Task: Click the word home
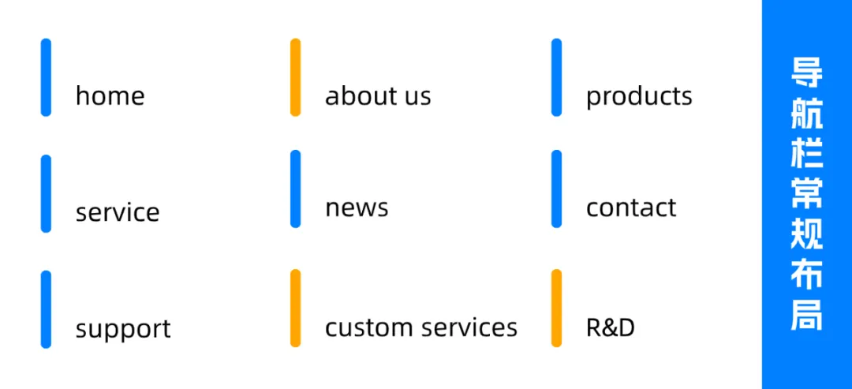(110, 96)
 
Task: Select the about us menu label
(378, 96)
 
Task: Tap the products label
(639, 96)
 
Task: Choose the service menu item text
(118, 212)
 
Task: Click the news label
(357, 208)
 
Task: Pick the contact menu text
(631, 208)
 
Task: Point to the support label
(123, 328)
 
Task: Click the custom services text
(421, 327)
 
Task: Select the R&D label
(611, 327)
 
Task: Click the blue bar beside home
(46, 77)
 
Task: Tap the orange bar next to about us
(295, 77)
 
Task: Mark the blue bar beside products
(556, 77)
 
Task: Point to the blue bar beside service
(46, 193)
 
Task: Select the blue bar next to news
(295, 189)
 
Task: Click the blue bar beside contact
(556, 189)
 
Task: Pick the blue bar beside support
(46, 309)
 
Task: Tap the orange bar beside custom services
(295, 308)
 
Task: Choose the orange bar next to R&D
(556, 308)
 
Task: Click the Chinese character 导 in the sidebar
(807, 73)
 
